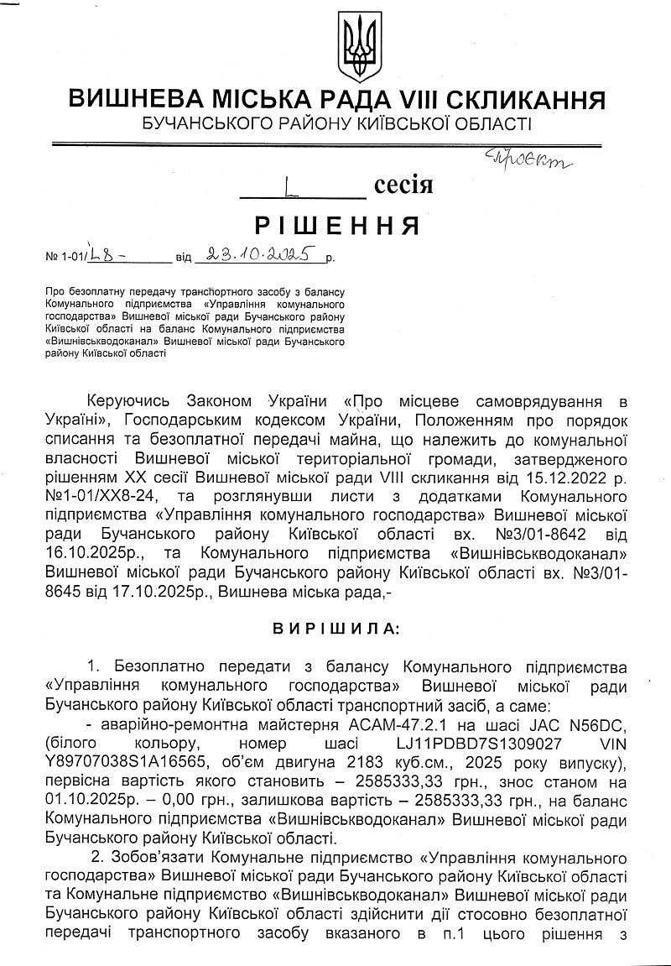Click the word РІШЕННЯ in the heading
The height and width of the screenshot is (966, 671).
(x=336, y=225)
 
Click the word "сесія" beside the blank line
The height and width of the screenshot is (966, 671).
(x=403, y=185)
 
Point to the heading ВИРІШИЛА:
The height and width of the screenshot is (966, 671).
(x=335, y=627)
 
